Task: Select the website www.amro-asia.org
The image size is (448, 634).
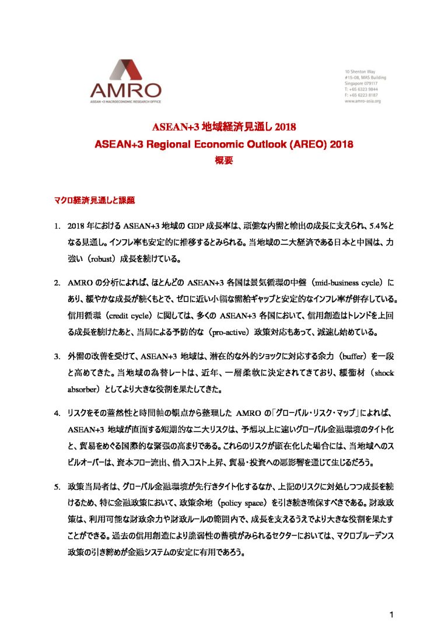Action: [x=363, y=101]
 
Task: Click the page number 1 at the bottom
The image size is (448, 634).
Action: [x=393, y=614]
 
